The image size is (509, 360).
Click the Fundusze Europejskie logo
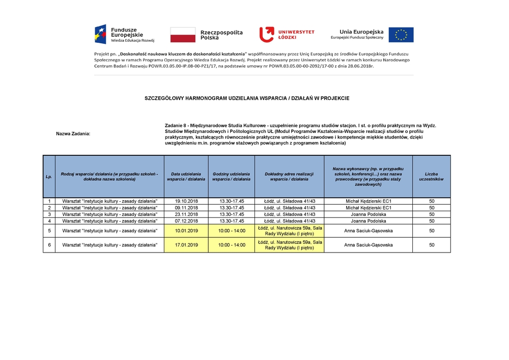pos(124,34)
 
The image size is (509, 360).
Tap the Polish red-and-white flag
pos(183,35)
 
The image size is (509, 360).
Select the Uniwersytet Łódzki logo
pos(287,35)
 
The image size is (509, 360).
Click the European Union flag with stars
pos(401,35)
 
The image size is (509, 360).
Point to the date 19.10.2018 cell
pos(186,201)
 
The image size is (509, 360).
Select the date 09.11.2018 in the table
pos(186,208)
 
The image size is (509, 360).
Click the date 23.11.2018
pos(186,214)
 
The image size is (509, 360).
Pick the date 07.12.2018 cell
pos(186,221)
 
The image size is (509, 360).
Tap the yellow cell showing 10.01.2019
pos(186,231)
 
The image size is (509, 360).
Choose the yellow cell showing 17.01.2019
pos(186,245)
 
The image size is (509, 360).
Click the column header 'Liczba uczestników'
pos(431,177)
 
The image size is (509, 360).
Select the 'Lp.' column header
pos(49,177)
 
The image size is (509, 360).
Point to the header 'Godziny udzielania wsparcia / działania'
pos(232,177)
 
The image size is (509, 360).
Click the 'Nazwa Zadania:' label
pos(73,134)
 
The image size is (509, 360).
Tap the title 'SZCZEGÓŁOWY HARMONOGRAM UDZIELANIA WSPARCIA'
pos(247,98)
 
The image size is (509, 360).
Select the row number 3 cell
pos(49,214)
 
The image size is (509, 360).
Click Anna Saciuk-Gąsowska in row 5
pos(368,231)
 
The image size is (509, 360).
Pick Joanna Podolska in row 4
pos(368,221)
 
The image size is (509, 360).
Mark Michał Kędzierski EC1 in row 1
pos(368,201)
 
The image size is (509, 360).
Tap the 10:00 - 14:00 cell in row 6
pos(232,245)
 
